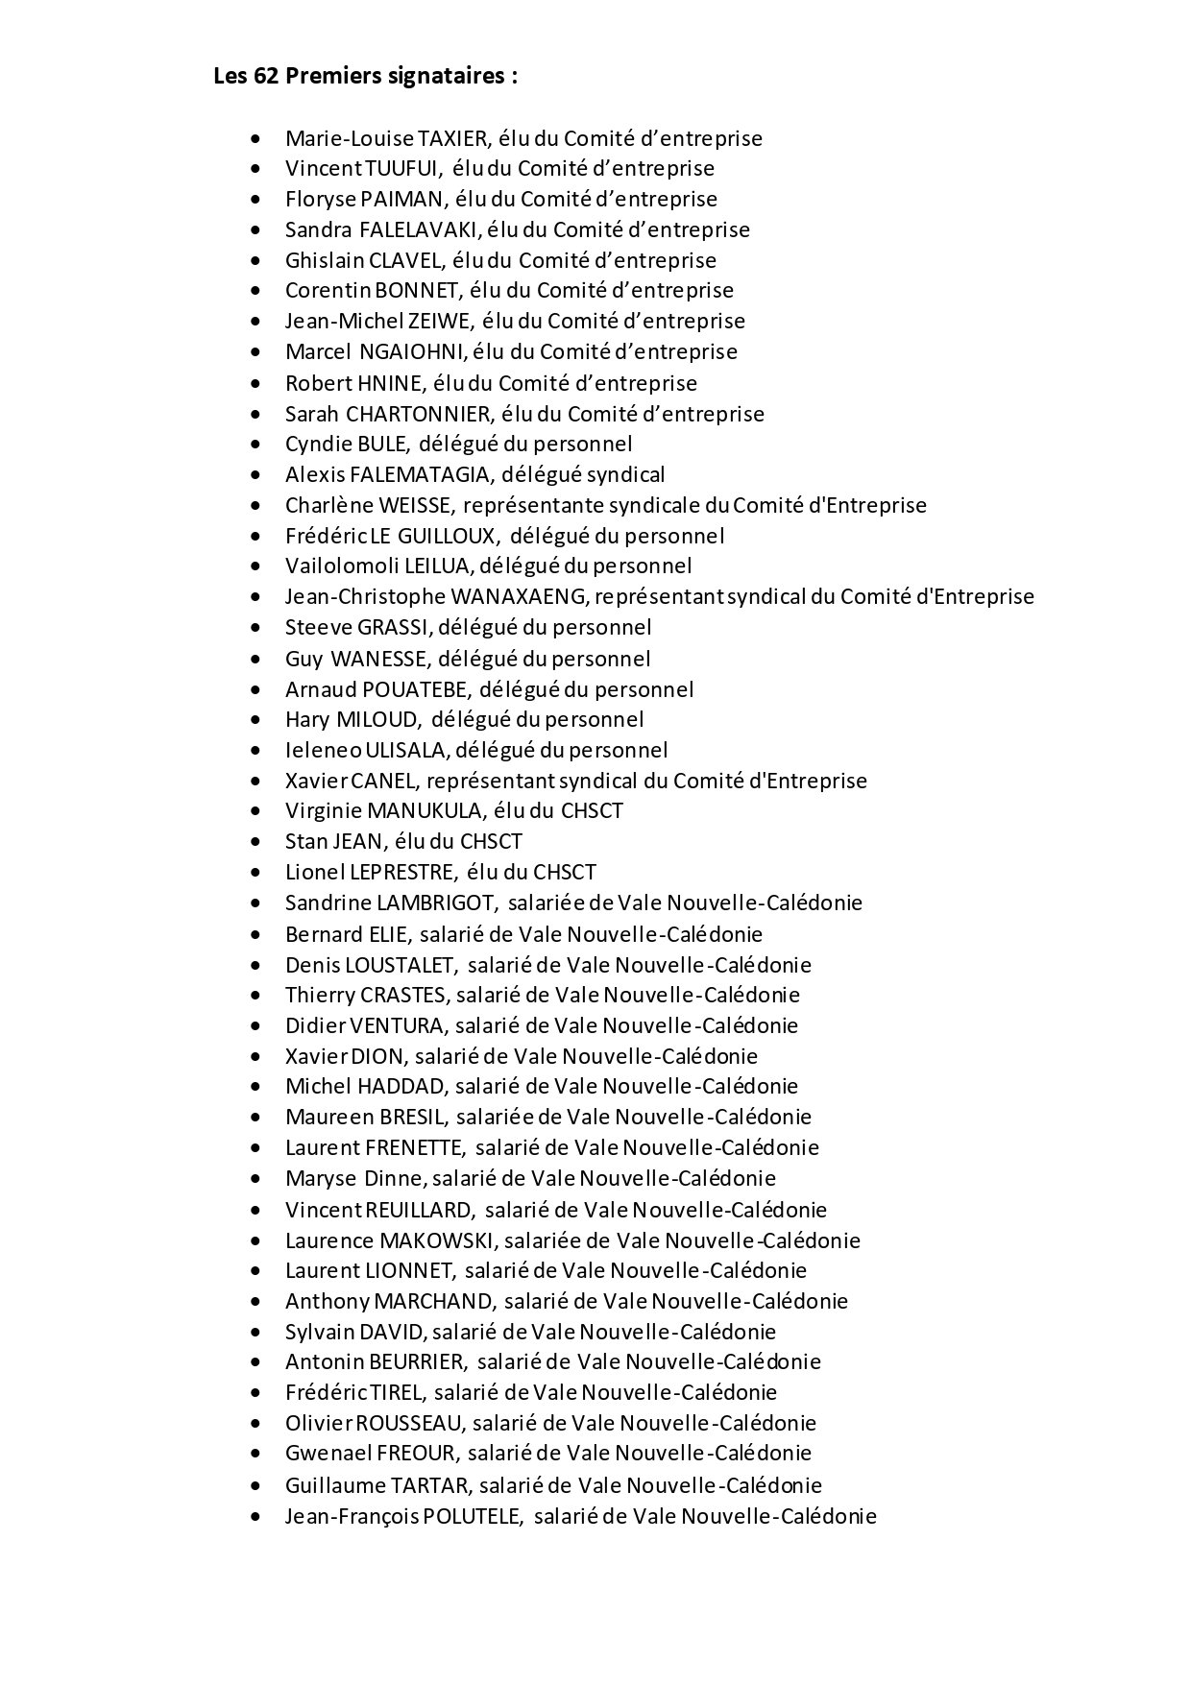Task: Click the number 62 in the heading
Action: point(265,76)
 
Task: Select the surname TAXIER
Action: point(455,138)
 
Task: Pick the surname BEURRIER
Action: point(418,1361)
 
